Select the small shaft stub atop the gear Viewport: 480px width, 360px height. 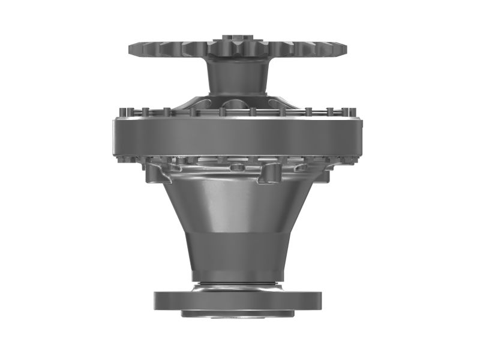[238, 37]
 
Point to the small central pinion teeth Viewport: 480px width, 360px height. [238, 47]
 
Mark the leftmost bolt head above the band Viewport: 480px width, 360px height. [124, 112]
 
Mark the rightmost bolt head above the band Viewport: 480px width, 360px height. [352, 112]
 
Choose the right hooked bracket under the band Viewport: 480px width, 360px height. [268, 173]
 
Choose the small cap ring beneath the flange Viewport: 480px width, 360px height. [238, 313]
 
